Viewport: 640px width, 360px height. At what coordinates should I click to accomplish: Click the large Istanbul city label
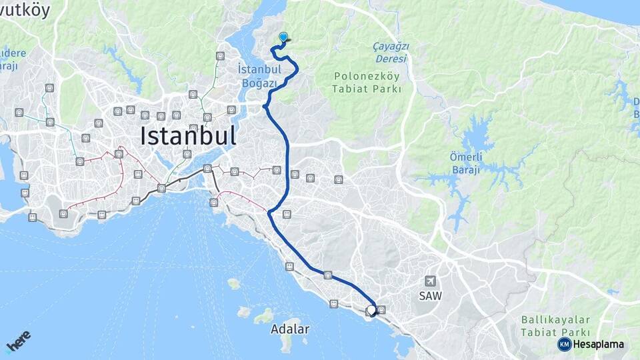188,136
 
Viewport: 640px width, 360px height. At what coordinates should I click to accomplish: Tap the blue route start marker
283,38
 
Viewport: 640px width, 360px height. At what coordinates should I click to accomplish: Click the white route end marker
372,310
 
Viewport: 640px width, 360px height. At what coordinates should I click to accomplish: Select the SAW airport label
431,295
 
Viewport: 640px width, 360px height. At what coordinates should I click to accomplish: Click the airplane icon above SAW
431,281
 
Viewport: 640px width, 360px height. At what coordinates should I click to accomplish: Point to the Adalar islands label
290,329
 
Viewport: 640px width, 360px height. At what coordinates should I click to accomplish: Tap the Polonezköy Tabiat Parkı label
367,82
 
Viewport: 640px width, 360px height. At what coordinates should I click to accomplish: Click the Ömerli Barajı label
467,162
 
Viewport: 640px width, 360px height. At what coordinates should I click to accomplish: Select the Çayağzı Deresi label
391,51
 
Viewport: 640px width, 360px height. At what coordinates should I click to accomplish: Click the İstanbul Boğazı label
257,76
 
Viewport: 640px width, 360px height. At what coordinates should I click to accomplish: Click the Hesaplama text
599,344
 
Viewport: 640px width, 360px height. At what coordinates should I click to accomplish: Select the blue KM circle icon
564,344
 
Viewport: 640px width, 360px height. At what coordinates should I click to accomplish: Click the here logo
18,341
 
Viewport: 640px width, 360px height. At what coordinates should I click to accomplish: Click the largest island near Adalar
265,315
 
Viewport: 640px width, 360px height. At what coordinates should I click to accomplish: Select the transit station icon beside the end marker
382,309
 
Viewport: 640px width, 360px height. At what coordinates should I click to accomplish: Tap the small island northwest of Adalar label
233,283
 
